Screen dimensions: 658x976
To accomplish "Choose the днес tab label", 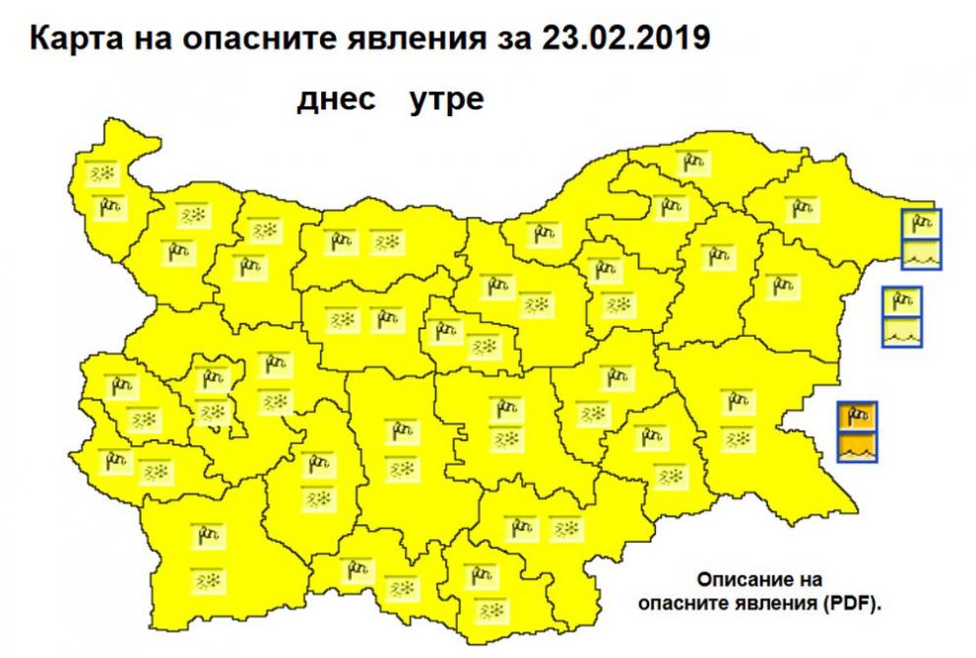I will coord(337,101).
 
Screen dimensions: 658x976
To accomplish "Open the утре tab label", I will coord(446,101).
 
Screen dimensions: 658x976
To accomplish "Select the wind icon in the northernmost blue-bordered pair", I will coord(922,225).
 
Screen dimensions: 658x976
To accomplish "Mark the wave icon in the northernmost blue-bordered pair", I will coord(922,254).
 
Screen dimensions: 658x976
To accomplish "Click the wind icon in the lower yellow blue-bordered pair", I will coord(901,300).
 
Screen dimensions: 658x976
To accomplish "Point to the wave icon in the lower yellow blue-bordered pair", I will coord(901,331).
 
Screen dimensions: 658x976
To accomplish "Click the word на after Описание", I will coord(810,580).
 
